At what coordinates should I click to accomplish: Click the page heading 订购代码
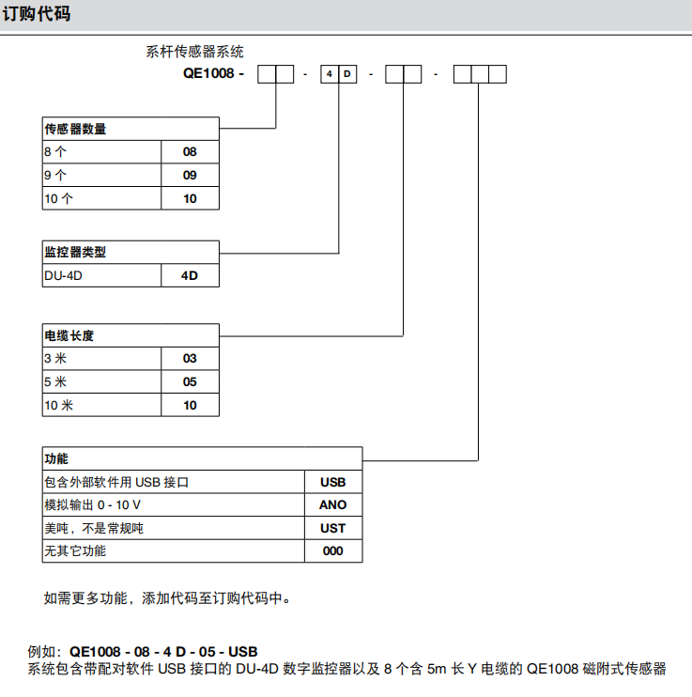(x=36, y=15)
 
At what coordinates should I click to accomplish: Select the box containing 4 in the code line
(x=329, y=73)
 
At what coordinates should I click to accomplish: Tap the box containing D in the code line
(x=346, y=73)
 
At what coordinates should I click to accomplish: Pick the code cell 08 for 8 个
(x=190, y=152)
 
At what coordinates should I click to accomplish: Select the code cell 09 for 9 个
(x=190, y=176)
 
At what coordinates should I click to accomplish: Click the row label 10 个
(x=58, y=199)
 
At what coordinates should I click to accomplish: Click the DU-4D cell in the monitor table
(x=69, y=276)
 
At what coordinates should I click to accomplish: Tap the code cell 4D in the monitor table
(x=190, y=276)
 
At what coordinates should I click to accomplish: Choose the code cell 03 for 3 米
(x=190, y=359)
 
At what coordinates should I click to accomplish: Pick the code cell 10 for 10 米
(x=190, y=406)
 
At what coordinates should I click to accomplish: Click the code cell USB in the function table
(x=333, y=482)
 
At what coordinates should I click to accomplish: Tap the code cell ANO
(x=333, y=505)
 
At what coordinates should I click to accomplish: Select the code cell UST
(x=333, y=529)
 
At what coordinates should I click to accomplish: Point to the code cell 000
(x=333, y=551)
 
